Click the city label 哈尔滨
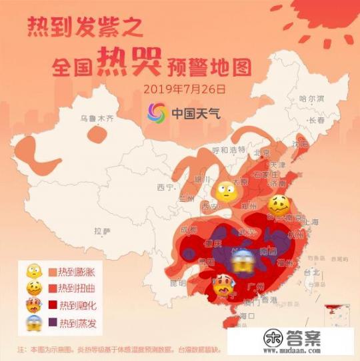pos(311,98)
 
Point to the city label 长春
pos(316,121)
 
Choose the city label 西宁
pos(165,187)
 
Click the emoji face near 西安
pos(225,192)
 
